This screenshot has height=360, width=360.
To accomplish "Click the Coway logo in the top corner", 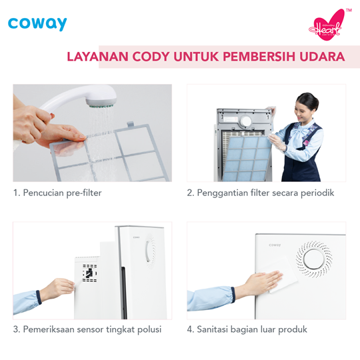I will coord(37,24).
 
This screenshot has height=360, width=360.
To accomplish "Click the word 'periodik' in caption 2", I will coord(315,193).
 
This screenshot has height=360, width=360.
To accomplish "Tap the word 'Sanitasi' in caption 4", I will coord(217,329).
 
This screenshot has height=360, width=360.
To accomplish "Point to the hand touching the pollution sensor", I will coord(56,289).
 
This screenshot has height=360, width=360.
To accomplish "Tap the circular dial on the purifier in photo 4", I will coord(313,257).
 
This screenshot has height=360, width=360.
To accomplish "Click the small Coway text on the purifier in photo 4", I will coord(275,245).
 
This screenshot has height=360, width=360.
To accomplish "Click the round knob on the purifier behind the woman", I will coord(246,121).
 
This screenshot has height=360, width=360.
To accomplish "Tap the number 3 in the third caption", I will coord(16,329).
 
